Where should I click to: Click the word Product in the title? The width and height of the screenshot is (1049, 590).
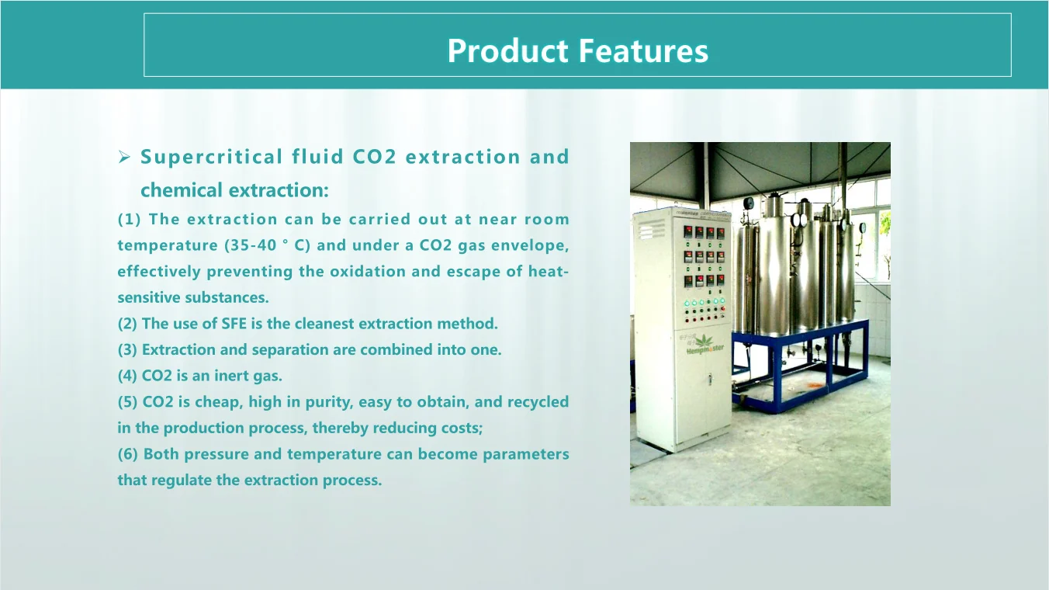click(507, 50)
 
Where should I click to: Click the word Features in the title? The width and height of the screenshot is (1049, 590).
click(643, 50)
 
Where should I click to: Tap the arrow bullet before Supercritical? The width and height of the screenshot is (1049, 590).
click(124, 157)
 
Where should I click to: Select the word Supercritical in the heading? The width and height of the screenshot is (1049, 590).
click(212, 157)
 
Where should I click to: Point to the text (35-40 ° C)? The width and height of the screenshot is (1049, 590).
click(268, 245)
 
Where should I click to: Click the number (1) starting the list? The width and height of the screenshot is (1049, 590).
click(130, 220)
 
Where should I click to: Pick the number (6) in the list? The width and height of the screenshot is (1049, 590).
click(128, 454)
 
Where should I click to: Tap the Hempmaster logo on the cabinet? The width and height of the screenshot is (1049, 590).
click(705, 345)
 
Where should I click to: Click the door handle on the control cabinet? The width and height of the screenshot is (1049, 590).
click(710, 380)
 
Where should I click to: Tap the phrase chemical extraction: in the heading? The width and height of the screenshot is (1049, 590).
click(234, 190)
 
